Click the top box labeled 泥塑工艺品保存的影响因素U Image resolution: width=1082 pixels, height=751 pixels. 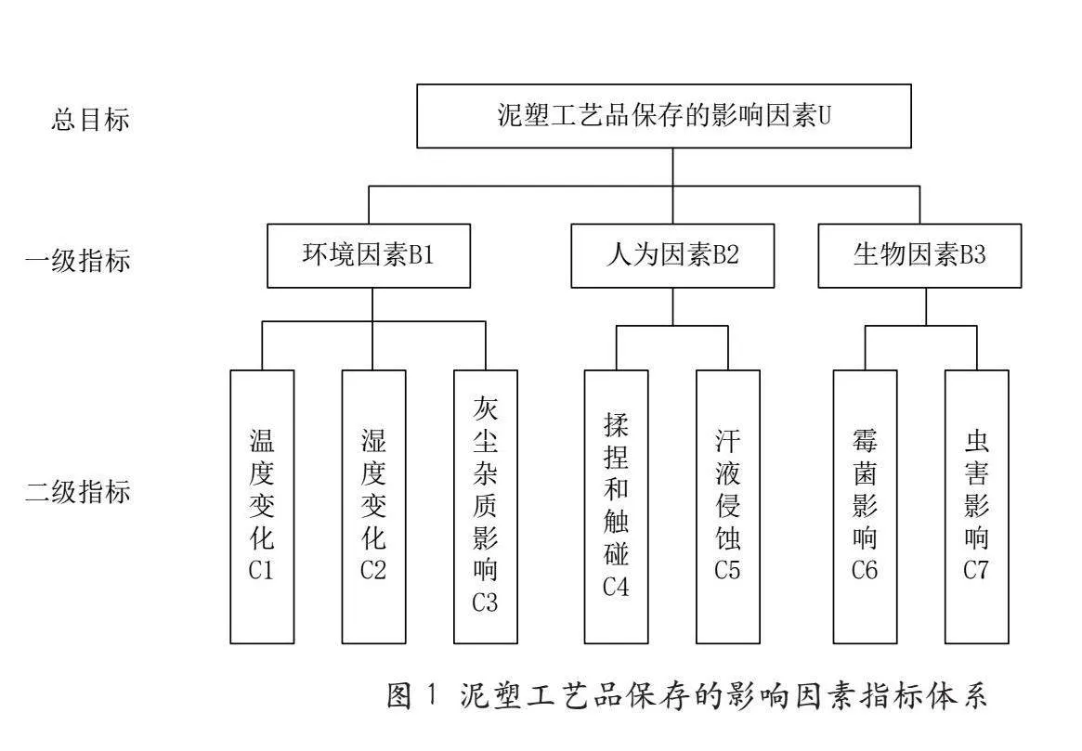coord(664,116)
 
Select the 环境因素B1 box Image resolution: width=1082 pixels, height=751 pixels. coord(369,255)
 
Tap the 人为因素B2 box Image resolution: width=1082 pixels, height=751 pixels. coord(672,255)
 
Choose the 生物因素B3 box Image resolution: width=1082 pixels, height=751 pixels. coord(919,255)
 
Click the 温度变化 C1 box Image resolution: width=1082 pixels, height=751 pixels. coord(262,507)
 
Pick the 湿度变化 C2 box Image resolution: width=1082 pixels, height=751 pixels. coord(374,507)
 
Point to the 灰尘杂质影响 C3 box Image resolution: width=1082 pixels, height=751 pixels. coord(486,507)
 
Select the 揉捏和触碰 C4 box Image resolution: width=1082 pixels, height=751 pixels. coord(616,507)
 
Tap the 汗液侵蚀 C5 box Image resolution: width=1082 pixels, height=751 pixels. coord(728,507)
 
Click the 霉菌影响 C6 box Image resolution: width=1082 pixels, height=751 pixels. coord(866,507)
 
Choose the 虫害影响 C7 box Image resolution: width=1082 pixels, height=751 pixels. coord(977,507)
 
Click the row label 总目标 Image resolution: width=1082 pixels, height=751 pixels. coord(90,120)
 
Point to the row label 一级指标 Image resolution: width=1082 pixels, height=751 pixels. coord(78,261)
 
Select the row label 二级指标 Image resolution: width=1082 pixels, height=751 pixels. coord(78,492)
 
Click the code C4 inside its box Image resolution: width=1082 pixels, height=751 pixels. coord(616,587)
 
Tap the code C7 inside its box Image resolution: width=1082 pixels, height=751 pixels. coord(976,570)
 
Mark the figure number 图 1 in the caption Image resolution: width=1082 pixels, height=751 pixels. coord(412,695)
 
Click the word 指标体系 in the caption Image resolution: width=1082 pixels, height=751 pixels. coord(923,695)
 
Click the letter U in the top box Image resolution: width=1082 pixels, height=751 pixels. coord(824,116)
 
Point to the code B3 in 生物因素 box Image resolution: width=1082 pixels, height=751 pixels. coord(972,255)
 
